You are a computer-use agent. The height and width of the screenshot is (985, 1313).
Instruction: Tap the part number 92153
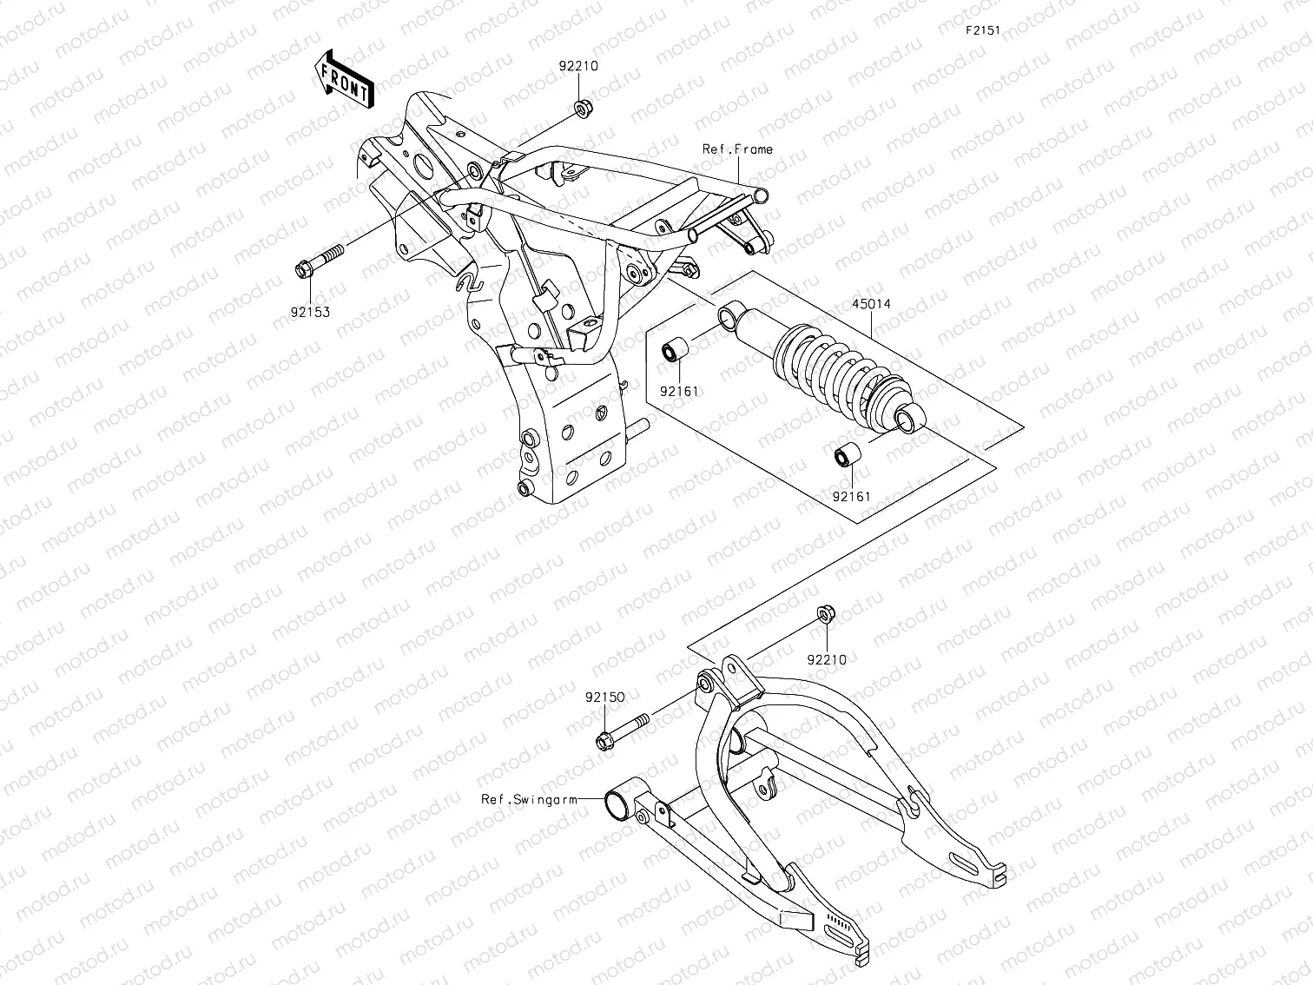(310, 312)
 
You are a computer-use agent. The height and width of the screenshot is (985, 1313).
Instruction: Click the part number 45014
(871, 305)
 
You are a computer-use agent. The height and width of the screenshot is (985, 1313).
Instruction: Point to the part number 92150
(604, 697)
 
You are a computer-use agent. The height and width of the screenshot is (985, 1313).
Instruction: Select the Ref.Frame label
(737, 149)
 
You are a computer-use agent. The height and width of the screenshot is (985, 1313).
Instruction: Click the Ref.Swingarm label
(529, 799)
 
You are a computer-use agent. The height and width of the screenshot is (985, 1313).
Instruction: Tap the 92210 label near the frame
(578, 66)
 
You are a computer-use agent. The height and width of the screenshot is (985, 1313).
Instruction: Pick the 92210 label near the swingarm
(827, 659)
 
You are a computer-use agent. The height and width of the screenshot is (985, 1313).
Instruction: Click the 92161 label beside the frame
(679, 391)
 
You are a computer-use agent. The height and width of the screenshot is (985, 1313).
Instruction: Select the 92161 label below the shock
(851, 497)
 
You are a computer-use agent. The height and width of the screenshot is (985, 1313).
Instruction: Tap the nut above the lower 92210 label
(825, 616)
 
